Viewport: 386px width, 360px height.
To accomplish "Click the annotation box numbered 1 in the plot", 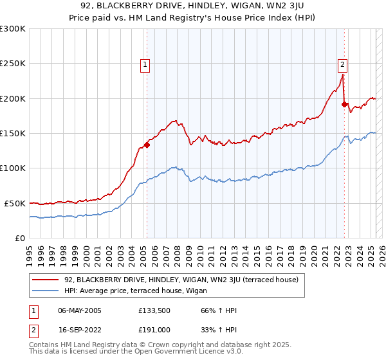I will [146, 64].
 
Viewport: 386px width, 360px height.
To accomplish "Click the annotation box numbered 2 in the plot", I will [343, 64].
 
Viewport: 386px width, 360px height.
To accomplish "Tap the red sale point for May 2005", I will [147, 145].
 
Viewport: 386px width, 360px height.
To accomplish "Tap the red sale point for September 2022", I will [345, 104].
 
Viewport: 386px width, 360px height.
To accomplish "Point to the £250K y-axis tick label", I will [13, 64].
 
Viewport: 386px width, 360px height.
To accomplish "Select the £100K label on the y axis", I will [13, 168].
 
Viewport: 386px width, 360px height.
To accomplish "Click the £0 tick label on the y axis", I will [21, 238].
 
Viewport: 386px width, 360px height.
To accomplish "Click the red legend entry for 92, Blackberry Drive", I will [181, 280].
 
